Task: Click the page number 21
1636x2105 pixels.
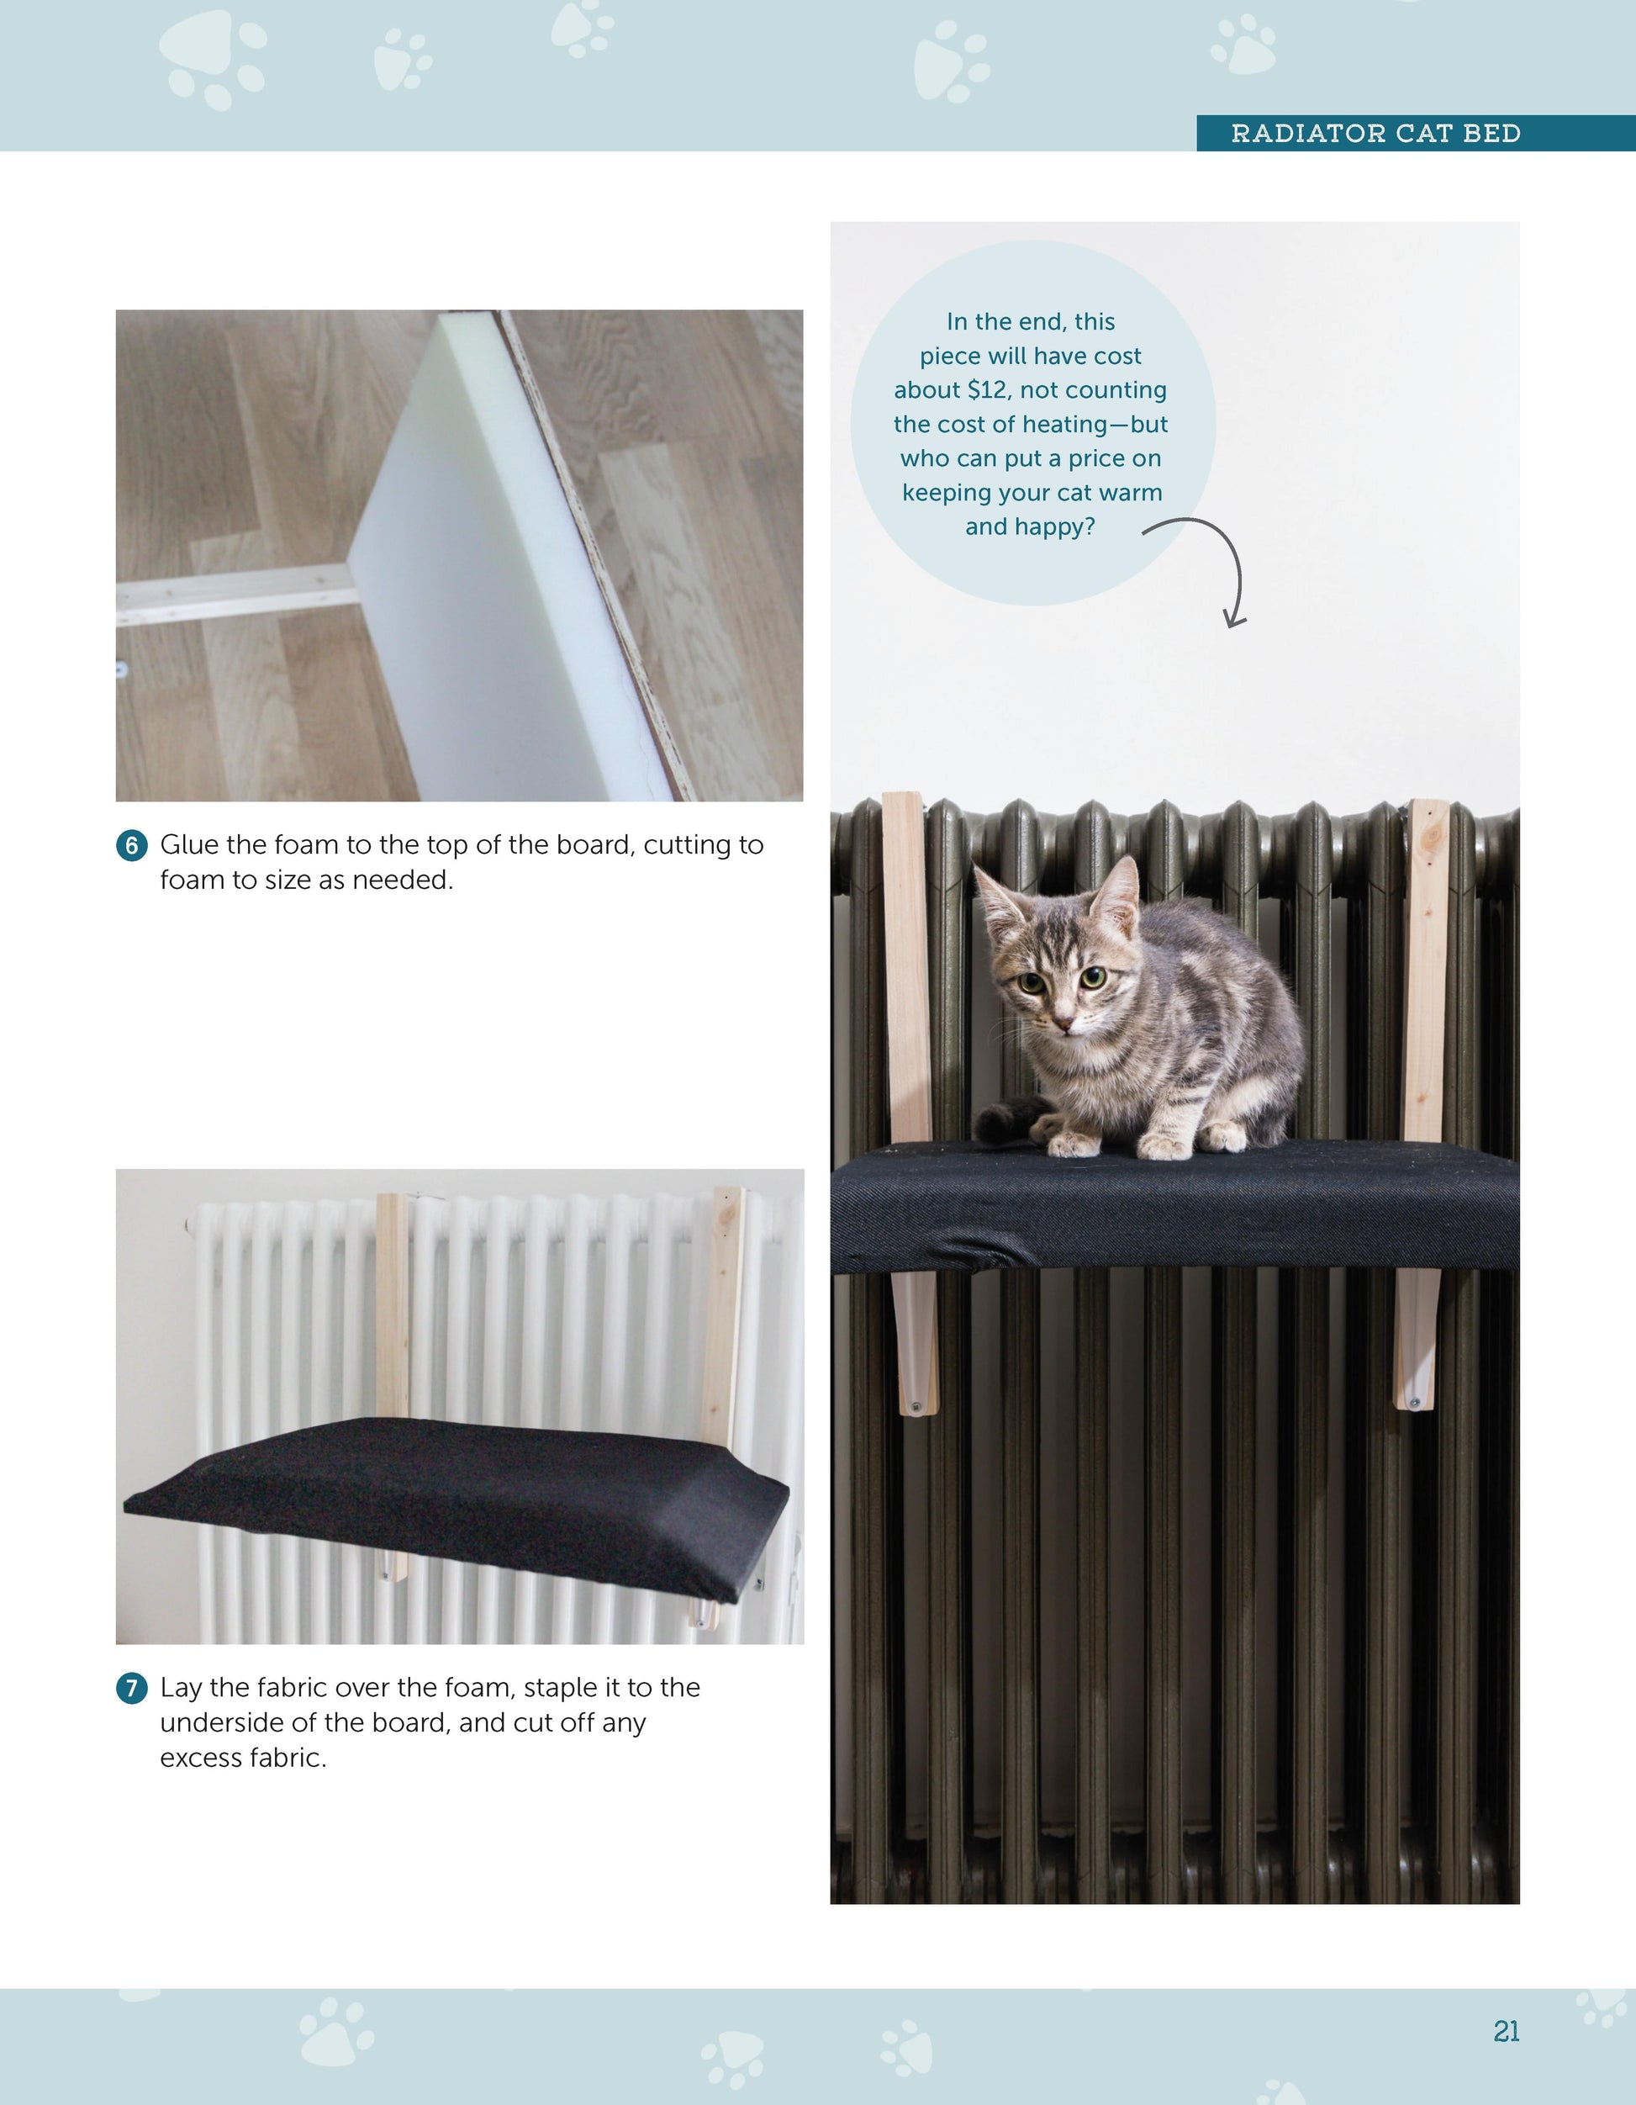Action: pos(1506,2031)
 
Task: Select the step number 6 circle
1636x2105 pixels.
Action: pos(132,845)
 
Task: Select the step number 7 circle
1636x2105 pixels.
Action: pos(132,1688)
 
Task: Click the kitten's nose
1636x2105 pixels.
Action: pos(1063,1022)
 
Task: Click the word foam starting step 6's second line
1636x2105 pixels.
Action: pos(192,880)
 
